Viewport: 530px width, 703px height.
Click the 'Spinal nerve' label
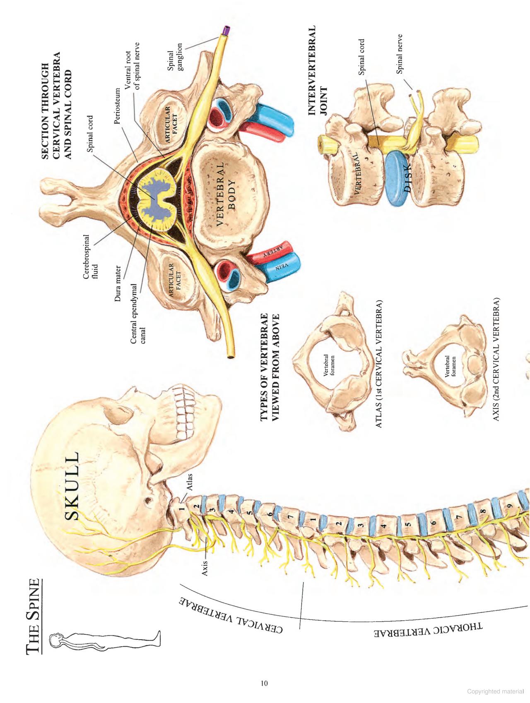(x=400, y=54)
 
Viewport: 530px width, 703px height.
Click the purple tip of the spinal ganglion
(x=226, y=30)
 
